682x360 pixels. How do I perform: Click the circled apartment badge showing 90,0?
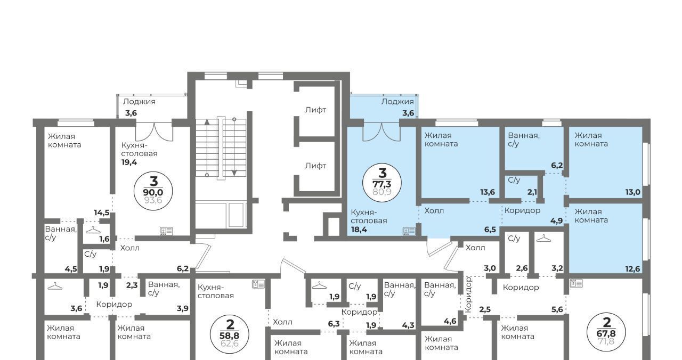click(x=153, y=191)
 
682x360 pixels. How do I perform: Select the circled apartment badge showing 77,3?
click(x=382, y=183)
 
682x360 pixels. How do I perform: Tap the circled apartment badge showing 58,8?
click(x=230, y=334)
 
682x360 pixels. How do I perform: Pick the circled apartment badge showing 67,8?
click(x=606, y=332)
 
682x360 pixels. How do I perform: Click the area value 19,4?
click(x=129, y=162)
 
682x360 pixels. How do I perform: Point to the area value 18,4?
click(x=359, y=230)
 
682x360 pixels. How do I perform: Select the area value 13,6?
click(x=488, y=192)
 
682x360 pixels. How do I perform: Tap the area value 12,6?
click(x=632, y=269)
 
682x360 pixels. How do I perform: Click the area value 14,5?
click(x=102, y=212)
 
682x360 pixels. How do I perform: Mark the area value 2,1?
click(x=532, y=192)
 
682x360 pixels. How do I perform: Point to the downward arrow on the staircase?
click(x=234, y=148)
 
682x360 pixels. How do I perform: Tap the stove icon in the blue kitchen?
click(x=409, y=231)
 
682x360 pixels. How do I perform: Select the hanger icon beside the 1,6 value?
click(x=93, y=230)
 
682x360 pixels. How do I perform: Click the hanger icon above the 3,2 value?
click(x=543, y=239)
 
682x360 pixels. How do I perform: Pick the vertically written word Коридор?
click(x=468, y=294)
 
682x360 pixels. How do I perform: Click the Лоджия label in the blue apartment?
click(x=397, y=102)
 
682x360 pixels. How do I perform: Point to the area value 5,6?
click(x=557, y=309)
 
